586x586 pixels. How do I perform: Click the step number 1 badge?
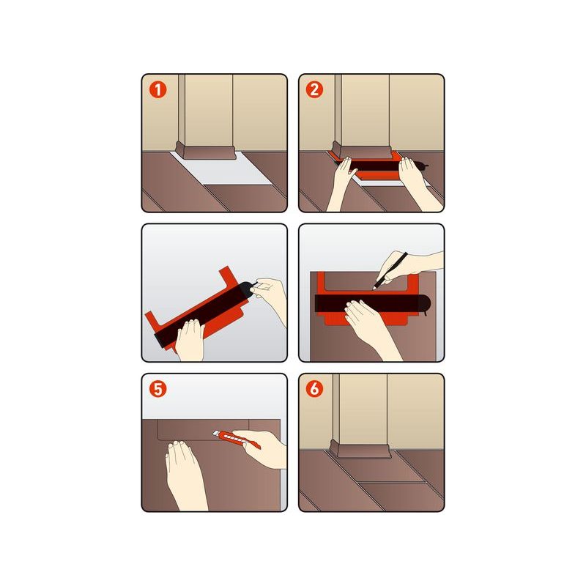pyautogui.click(x=157, y=90)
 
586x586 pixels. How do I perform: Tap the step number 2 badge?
pyautogui.click(x=314, y=90)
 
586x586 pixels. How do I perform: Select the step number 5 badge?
pyautogui.click(x=157, y=389)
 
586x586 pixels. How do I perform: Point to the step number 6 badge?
pyautogui.click(x=314, y=389)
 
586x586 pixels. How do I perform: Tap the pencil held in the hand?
pyautogui.click(x=390, y=270)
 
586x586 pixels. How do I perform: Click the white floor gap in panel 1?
pyautogui.click(x=224, y=170)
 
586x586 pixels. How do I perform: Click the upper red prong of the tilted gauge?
pyautogui.click(x=228, y=277)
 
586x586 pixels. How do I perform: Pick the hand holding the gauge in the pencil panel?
pyautogui.click(x=370, y=327)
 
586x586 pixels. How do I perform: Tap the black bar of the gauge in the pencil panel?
pyautogui.click(x=372, y=304)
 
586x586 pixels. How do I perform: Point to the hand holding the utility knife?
pyautogui.click(x=262, y=448)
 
